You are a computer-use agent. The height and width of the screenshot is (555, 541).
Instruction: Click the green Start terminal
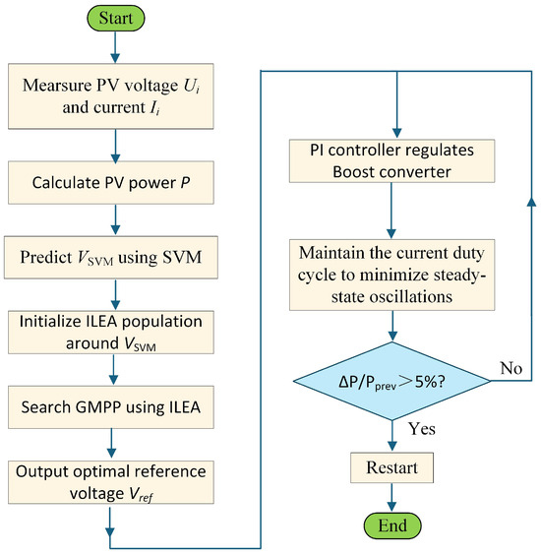pos(116,18)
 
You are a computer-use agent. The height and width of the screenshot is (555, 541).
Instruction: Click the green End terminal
pos(392,525)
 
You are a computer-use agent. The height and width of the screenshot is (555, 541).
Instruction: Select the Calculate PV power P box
pos(111,183)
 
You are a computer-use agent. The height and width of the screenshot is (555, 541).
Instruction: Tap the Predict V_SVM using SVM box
pos(111,257)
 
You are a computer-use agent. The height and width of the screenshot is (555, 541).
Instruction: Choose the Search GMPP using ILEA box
pos(111,407)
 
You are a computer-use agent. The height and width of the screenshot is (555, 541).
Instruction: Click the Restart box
pos(392,467)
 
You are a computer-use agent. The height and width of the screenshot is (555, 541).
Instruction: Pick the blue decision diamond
pos(392,381)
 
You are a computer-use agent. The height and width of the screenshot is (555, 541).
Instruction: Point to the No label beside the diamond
pos(511,368)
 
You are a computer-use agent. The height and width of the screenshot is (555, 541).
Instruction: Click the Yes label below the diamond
pos(422,429)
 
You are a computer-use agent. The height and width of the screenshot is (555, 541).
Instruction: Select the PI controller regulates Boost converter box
pos(392,161)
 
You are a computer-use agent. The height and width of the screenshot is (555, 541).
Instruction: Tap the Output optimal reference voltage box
pos(111,482)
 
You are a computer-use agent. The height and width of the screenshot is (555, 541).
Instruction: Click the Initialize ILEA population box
pos(111,333)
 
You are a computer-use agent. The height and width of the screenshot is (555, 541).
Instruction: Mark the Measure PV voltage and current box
pos(111,96)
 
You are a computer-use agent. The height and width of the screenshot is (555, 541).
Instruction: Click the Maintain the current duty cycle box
pos(392,275)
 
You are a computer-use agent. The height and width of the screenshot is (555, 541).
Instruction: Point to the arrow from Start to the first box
pos(115,47)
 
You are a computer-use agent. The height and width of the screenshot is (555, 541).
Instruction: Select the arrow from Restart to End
pos(391,498)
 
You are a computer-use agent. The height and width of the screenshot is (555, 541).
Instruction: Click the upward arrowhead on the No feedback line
pos(531,201)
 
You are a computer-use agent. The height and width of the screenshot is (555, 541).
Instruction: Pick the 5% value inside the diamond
pos(426,382)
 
